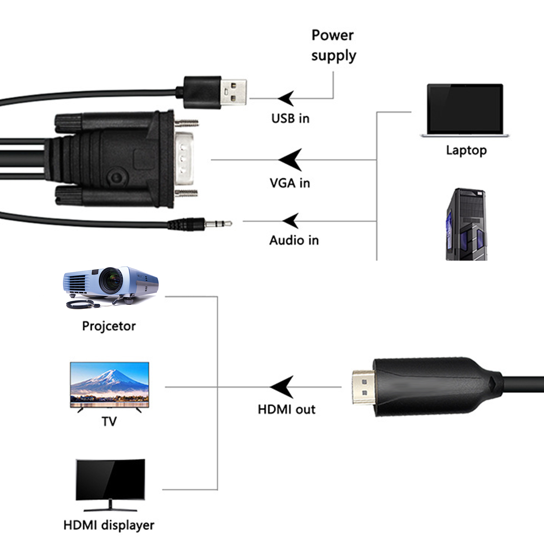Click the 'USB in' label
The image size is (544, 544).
pos(290,118)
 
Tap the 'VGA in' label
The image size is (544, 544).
pos(290,183)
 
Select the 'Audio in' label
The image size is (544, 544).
pos(294,240)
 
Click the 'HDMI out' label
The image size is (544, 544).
pos(286,409)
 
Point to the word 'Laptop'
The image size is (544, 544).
pos(466,150)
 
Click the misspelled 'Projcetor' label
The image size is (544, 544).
pos(109,326)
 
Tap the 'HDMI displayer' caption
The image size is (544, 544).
pos(109,525)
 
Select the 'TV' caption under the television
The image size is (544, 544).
pos(109,422)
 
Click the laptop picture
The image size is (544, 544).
pos(465,110)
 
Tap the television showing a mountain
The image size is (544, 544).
pos(109,385)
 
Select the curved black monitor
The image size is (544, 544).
pos(110,481)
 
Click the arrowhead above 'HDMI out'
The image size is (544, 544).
pos(282,387)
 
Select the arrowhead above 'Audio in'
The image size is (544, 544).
pos(291,221)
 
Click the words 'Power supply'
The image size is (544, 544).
pos(333,45)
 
